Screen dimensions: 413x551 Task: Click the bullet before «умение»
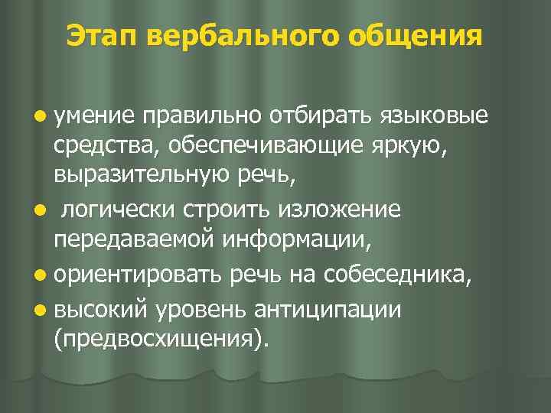point(39,115)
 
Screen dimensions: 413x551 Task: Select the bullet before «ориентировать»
point(39,276)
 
